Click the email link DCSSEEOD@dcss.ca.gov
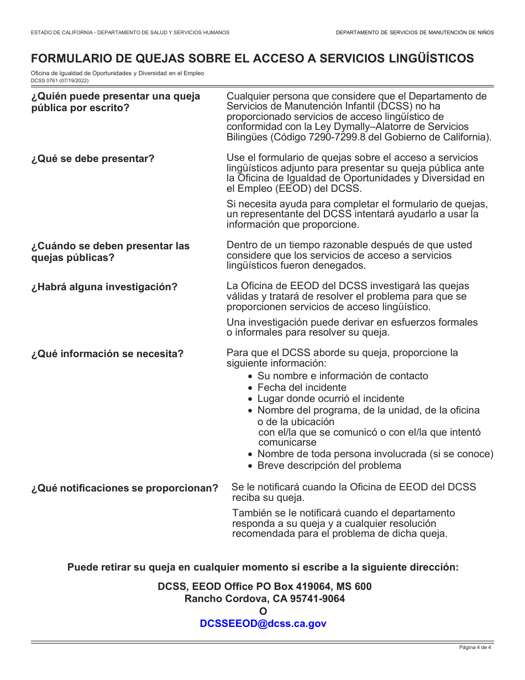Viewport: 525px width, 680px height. pos(263,624)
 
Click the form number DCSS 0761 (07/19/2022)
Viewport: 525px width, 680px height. pos(59,80)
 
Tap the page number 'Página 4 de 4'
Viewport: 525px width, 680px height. pos(475,648)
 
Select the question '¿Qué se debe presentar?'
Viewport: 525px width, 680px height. pos(93,159)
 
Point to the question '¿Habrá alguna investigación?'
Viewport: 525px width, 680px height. pos(104,287)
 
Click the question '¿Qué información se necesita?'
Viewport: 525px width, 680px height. pos(107,354)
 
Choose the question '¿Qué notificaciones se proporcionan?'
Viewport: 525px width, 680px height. pos(125,489)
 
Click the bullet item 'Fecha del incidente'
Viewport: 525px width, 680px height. pos(302,388)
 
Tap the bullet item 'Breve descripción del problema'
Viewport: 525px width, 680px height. pos(329,465)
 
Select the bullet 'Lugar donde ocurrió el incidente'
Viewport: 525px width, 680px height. pos(330,399)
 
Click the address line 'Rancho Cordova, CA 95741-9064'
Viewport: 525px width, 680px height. pos(265,599)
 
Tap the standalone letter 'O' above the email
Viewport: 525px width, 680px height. pos(263,611)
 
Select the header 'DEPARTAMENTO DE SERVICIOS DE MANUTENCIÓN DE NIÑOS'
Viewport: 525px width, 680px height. pos(414,33)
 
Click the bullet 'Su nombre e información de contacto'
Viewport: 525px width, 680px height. pos(343,376)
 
